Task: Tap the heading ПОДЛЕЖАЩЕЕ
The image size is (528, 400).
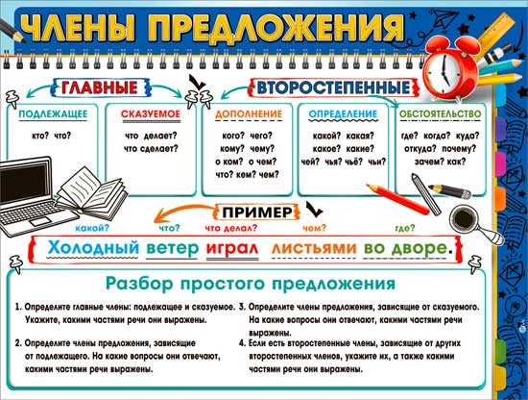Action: coord(53,114)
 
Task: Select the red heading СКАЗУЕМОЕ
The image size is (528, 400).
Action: coord(151,114)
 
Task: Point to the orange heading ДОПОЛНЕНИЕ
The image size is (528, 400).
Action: coord(249,114)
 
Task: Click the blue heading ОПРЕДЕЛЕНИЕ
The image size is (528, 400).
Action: coord(343,114)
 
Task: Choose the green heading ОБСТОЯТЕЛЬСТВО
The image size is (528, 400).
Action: coord(440,114)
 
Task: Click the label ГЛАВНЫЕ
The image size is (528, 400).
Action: coord(100,87)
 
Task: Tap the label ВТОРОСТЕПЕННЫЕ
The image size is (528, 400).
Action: coord(334,87)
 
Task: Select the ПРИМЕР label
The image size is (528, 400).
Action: coord(257,212)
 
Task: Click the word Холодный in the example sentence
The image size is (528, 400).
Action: coord(93,248)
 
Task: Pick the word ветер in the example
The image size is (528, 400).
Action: coord(173,249)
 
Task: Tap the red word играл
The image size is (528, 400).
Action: coord(232,249)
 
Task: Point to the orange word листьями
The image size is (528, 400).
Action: coord(314,249)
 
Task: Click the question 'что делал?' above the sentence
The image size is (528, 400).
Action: coord(231,228)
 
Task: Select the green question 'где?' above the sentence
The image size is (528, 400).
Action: coord(405,228)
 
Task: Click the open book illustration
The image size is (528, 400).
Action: coord(92,190)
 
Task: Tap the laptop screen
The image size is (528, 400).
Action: coord(25,181)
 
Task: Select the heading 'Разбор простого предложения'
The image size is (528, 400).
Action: coord(251,284)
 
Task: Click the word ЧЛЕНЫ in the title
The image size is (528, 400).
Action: coord(80,28)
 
